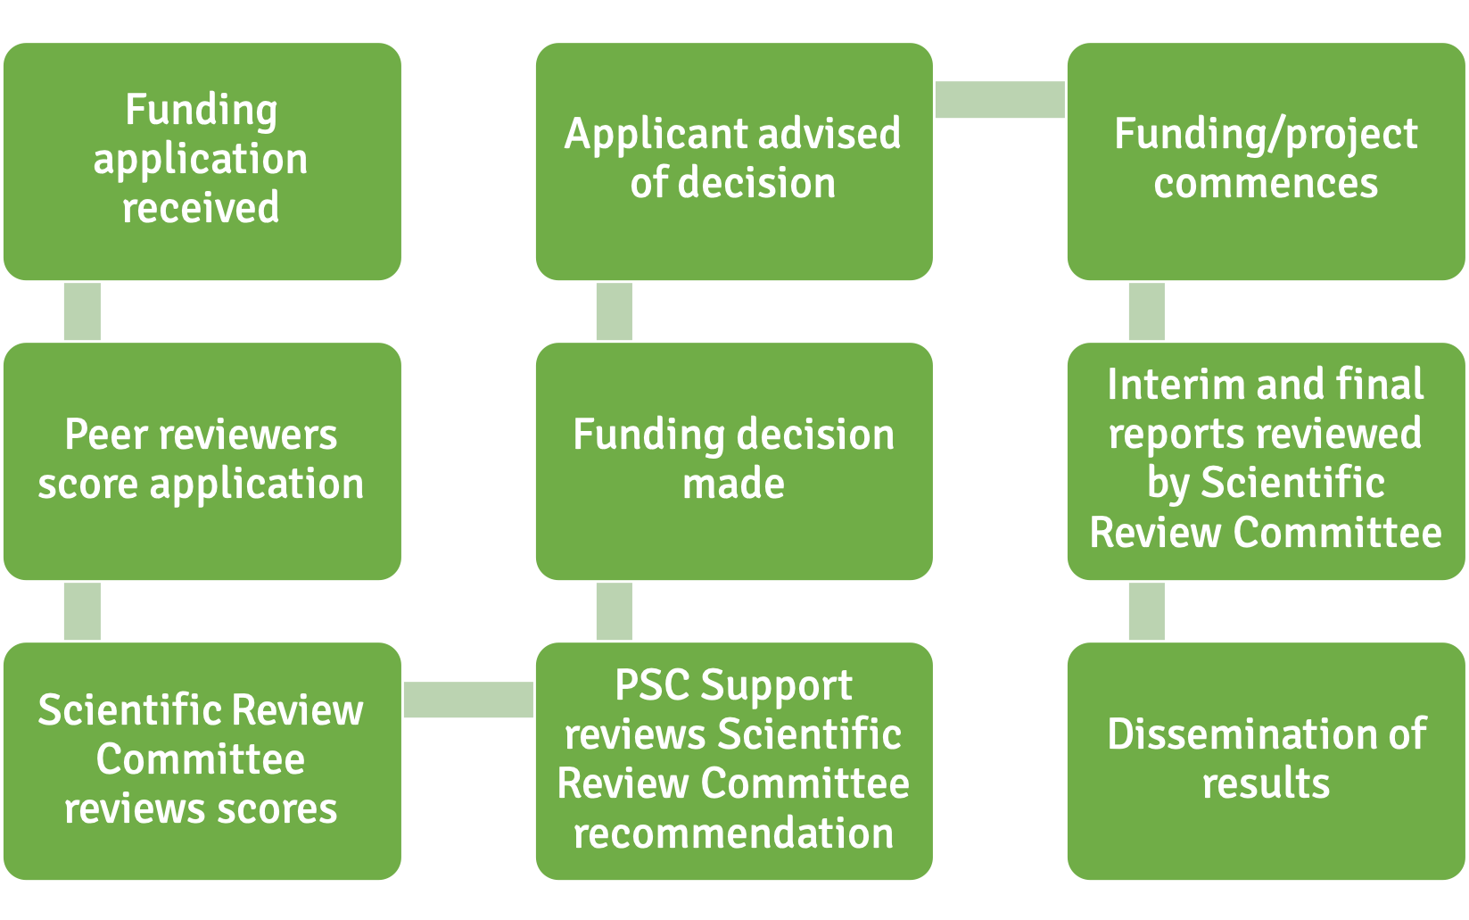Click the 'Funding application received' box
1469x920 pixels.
[x=202, y=162]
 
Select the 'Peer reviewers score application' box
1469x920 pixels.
[x=202, y=461]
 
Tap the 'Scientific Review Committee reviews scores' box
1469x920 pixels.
[x=202, y=761]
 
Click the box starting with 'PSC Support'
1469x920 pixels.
[x=733, y=761]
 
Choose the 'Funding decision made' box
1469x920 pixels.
[x=733, y=461]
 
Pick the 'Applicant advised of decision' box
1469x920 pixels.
[x=733, y=162]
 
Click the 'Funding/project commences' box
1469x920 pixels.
[x=1266, y=162]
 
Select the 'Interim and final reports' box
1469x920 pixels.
[x=1266, y=461]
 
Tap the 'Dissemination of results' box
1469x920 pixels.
[x=1266, y=761]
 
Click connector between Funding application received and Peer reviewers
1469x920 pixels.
[x=82, y=311]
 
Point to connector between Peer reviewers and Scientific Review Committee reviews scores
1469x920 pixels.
[x=82, y=611]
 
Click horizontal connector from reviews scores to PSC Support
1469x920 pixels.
[x=468, y=700]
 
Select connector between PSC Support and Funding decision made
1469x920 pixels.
[x=614, y=611]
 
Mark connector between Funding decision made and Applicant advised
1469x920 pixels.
[x=614, y=311]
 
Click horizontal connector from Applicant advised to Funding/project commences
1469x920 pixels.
[x=1000, y=100]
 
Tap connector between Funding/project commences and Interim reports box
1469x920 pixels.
[x=1146, y=311]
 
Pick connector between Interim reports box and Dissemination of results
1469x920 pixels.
[x=1146, y=611]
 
